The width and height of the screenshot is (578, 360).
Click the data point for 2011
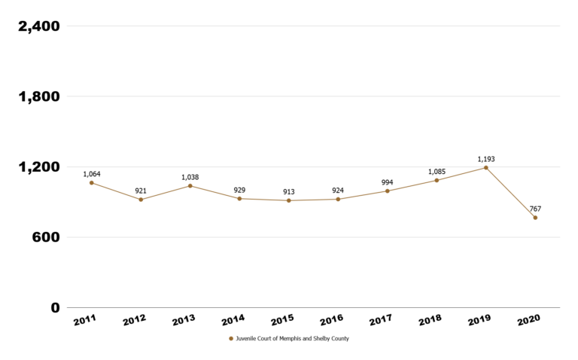pos(92,183)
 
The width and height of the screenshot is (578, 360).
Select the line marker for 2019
pos(486,168)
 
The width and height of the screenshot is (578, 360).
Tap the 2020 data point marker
pos(535,218)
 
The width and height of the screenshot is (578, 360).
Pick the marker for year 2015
pos(289,200)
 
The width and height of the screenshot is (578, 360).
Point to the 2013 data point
pos(190,186)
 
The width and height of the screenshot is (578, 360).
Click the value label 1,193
pos(486,159)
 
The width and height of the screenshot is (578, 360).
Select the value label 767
pos(535,209)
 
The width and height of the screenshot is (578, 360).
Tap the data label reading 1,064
pos(92,174)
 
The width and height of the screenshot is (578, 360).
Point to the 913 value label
pos(289,191)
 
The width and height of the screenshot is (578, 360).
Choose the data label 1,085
pos(437,172)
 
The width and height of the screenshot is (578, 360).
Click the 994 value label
pos(388,182)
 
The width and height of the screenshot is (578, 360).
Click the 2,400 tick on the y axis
pos(39,26)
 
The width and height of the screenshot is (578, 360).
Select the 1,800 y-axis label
pos(39,96)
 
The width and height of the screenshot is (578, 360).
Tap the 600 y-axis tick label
pos(44,237)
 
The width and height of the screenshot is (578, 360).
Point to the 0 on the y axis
pos(55,307)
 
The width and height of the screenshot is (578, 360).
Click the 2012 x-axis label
pos(135,320)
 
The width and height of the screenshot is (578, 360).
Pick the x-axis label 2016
pos(332,320)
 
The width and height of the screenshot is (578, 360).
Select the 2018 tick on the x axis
pos(430,320)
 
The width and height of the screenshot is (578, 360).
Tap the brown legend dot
pos(231,339)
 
